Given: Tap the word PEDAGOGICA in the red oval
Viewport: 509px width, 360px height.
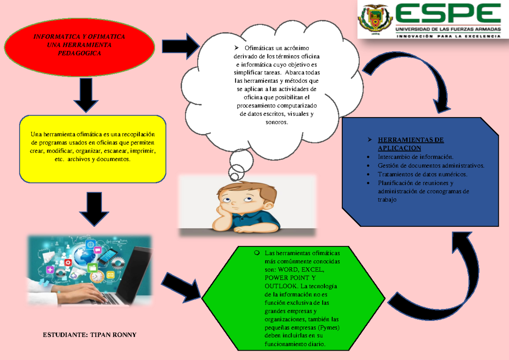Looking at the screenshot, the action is click(79, 53).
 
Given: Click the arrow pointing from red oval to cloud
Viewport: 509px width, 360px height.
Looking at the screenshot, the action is click(181, 46).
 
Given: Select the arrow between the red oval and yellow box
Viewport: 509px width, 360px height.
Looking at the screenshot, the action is click(86, 95).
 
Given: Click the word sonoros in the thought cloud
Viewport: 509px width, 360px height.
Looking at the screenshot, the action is click(277, 122).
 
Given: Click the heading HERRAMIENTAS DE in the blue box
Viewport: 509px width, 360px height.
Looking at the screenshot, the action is click(411, 140).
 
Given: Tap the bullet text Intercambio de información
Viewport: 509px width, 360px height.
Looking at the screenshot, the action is click(416, 157).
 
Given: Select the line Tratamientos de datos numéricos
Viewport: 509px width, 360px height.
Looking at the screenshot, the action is click(422, 174).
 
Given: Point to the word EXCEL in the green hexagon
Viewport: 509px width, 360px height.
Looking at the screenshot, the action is click(313, 270).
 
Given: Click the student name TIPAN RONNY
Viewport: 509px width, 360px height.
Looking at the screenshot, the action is click(113, 335).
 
